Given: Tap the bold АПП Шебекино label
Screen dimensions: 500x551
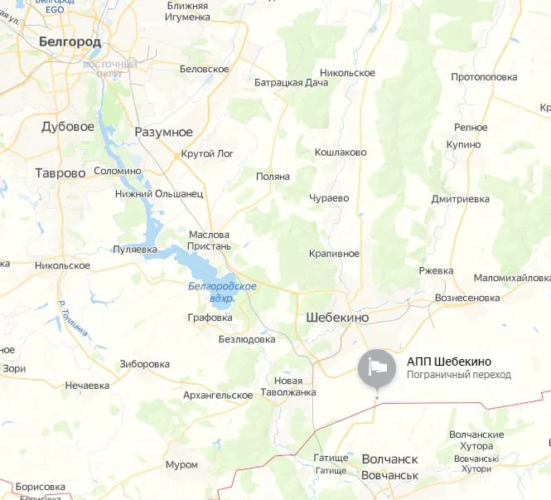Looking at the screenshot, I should click(x=449, y=362).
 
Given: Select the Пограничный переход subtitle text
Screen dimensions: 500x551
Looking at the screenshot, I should click(x=458, y=375).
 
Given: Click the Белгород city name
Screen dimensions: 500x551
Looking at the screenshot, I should click(x=70, y=41).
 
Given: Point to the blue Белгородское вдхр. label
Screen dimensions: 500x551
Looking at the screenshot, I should click(x=222, y=291).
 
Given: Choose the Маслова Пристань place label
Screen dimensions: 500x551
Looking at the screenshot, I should click(x=210, y=240).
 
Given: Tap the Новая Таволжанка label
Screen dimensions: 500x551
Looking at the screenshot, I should click(x=288, y=386).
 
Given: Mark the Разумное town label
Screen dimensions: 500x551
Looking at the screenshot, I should click(x=163, y=132).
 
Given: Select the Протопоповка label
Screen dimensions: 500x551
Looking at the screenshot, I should click(x=484, y=77).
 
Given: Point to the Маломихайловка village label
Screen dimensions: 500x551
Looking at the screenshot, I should click(x=511, y=278).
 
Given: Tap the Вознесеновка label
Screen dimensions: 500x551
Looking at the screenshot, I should click(x=467, y=298).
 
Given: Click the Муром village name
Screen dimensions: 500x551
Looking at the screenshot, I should click(x=181, y=464).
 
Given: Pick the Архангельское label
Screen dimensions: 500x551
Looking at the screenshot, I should click(x=217, y=396).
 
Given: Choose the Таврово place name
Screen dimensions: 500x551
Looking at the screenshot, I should click(x=60, y=173).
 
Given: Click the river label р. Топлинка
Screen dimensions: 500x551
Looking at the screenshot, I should click(x=74, y=318).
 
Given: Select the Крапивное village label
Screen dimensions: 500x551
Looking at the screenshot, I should click(x=333, y=253).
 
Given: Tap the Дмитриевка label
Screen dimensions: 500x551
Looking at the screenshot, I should click(x=460, y=199).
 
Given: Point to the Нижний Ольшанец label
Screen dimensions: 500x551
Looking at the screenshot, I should click(x=158, y=194).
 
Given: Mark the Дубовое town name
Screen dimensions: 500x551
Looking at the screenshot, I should click(x=67, y=127).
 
